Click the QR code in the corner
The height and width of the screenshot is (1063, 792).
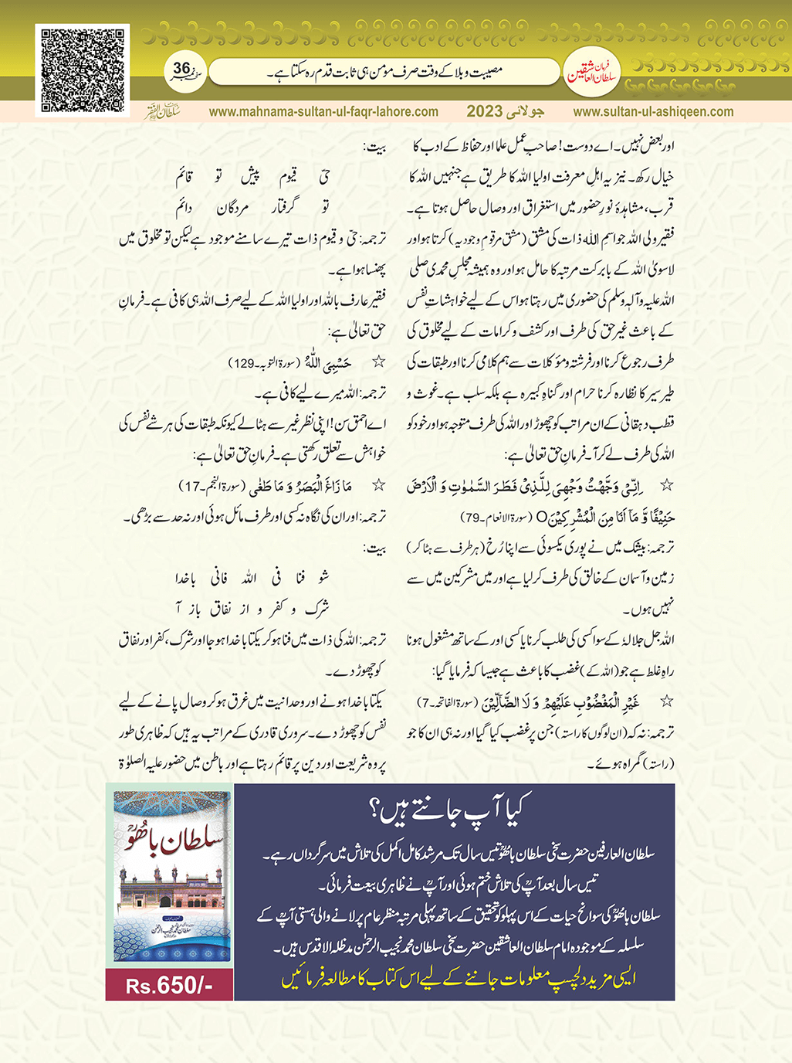(83, 70)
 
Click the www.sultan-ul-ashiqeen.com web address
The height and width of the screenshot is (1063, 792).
(653, 111)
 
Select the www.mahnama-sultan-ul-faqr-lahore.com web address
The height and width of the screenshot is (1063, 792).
(323, 111)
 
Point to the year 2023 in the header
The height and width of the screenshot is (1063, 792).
(484, 111)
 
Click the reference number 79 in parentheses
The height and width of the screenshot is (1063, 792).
(472, 517)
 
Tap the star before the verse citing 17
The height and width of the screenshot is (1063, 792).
(378, 485)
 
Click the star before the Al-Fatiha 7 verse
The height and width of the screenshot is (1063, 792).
(666, 701)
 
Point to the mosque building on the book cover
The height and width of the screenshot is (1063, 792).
(172, 899)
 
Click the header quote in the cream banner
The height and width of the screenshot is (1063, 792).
(384, 73)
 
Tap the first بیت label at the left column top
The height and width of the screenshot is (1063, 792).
(375, 148)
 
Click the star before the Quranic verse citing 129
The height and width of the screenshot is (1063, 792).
(378, 362)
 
